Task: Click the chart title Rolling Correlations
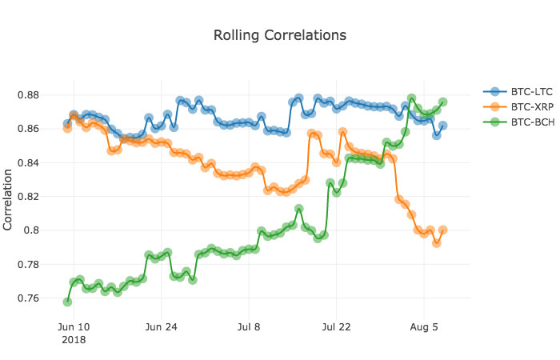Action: [280, 35]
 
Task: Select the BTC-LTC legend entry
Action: [518, 92]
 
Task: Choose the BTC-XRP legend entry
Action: [518, 106]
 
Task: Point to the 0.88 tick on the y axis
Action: [28, 95]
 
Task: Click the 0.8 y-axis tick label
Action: [31, 230]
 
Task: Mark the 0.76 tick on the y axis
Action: [28, 298]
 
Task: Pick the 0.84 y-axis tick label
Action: [28, 163]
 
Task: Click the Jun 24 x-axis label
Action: [161, 327]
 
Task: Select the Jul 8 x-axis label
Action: [249, 327]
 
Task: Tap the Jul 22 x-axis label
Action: [337, 327]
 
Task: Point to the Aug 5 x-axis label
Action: [424, 327]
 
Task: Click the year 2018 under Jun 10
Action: [74, 340]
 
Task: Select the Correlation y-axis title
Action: [7, 200]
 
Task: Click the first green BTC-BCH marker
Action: [67, 302]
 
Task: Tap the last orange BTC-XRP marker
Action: [443, 230]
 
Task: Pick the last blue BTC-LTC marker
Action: [443, 126]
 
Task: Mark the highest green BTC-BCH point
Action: [411, 98]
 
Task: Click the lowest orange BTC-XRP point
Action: [437, 243]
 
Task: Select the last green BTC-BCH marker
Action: [443, 102]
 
